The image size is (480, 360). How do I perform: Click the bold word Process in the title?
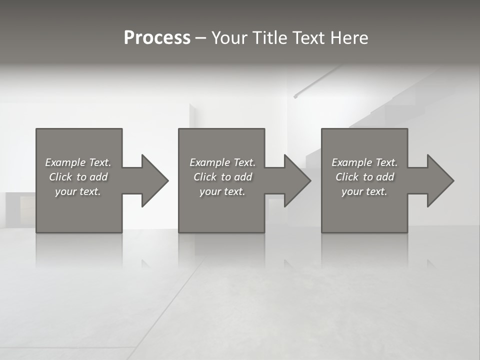point(157,38)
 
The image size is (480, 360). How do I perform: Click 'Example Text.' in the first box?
point(78,162)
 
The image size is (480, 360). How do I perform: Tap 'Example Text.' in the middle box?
point(222,162)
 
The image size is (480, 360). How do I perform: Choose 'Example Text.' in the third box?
point(364,162)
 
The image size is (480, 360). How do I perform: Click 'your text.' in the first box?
point(78,191)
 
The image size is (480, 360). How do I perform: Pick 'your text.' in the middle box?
point(222,191)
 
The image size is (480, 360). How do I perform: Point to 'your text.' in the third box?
point(364,191)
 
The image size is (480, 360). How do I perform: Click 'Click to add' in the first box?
point(78,177)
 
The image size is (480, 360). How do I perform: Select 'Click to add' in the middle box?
point(222,177)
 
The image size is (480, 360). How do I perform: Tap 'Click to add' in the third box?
point(364,177)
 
